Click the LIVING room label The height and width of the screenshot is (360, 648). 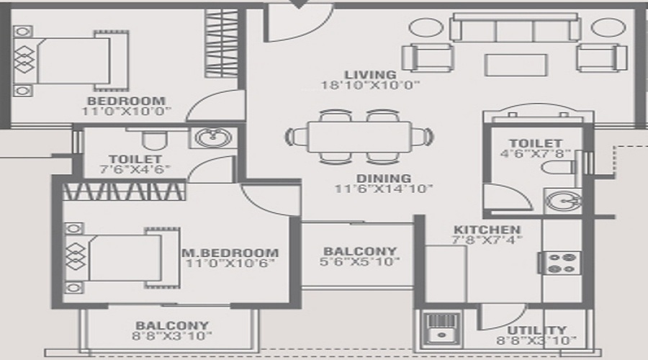[x=369, y=74]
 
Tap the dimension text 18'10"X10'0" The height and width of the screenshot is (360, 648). [x=370, y=85]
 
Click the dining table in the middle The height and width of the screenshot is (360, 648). [x=359, y=135]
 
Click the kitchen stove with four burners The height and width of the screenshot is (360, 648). [x=564, y=262]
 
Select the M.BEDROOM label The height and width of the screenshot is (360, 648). [x=230, y=253]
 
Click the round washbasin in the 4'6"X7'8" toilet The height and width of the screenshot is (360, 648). [x=563, y=201]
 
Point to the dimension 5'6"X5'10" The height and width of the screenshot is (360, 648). [x=359, y=262]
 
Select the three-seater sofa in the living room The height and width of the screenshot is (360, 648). [x=508, y=29]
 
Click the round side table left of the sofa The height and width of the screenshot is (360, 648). [x=424, y=28]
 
